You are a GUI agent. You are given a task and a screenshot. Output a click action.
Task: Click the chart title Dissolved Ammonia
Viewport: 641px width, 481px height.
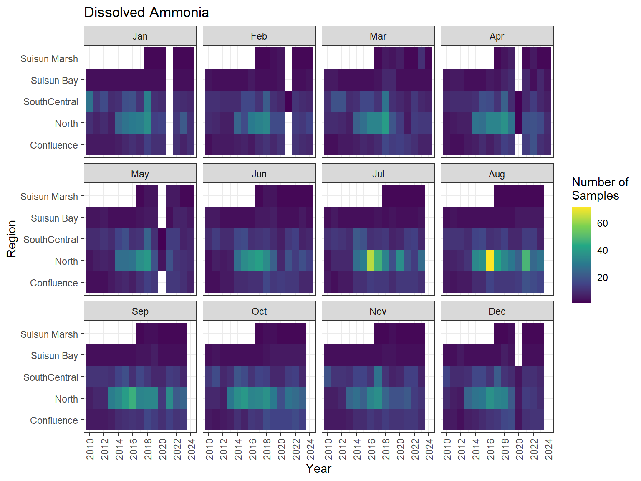146,13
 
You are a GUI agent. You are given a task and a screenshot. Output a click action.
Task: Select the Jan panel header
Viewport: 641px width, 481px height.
140,36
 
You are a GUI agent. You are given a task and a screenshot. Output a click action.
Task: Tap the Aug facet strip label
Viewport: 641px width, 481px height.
497,174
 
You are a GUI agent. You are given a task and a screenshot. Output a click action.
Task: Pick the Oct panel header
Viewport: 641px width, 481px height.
259,311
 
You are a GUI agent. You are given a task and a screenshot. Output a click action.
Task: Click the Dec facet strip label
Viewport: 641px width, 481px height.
497,311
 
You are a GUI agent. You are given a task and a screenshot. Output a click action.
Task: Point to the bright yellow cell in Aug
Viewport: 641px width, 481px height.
490,261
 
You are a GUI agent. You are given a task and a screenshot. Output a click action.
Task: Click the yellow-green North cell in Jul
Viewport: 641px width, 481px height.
371,261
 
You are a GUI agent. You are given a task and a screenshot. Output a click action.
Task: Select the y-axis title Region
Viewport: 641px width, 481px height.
12,239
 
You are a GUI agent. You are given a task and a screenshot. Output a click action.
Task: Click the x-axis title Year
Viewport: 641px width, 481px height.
318,468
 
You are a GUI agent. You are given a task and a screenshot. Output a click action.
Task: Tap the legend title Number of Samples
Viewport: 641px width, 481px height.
600,189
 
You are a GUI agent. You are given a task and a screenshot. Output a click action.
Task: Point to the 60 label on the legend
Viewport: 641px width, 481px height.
602,223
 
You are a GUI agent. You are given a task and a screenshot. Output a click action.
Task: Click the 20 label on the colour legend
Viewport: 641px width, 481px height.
602,278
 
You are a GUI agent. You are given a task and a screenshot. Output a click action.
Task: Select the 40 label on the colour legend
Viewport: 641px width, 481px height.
602,251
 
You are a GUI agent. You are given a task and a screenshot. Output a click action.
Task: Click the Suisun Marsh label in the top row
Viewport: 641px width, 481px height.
49,59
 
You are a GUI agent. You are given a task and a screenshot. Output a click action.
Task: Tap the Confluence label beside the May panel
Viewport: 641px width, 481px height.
54,283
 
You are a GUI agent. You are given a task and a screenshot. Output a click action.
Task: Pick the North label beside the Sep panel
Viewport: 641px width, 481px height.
66,399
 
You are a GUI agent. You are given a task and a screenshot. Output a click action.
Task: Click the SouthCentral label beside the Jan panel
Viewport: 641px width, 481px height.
50,102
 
